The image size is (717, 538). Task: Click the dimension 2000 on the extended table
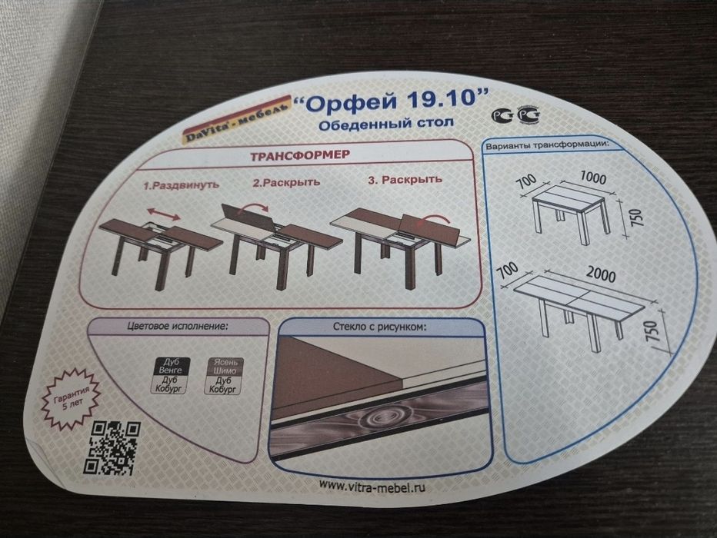coord(600,273)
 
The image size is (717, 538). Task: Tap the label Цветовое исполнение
coord(178,326)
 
